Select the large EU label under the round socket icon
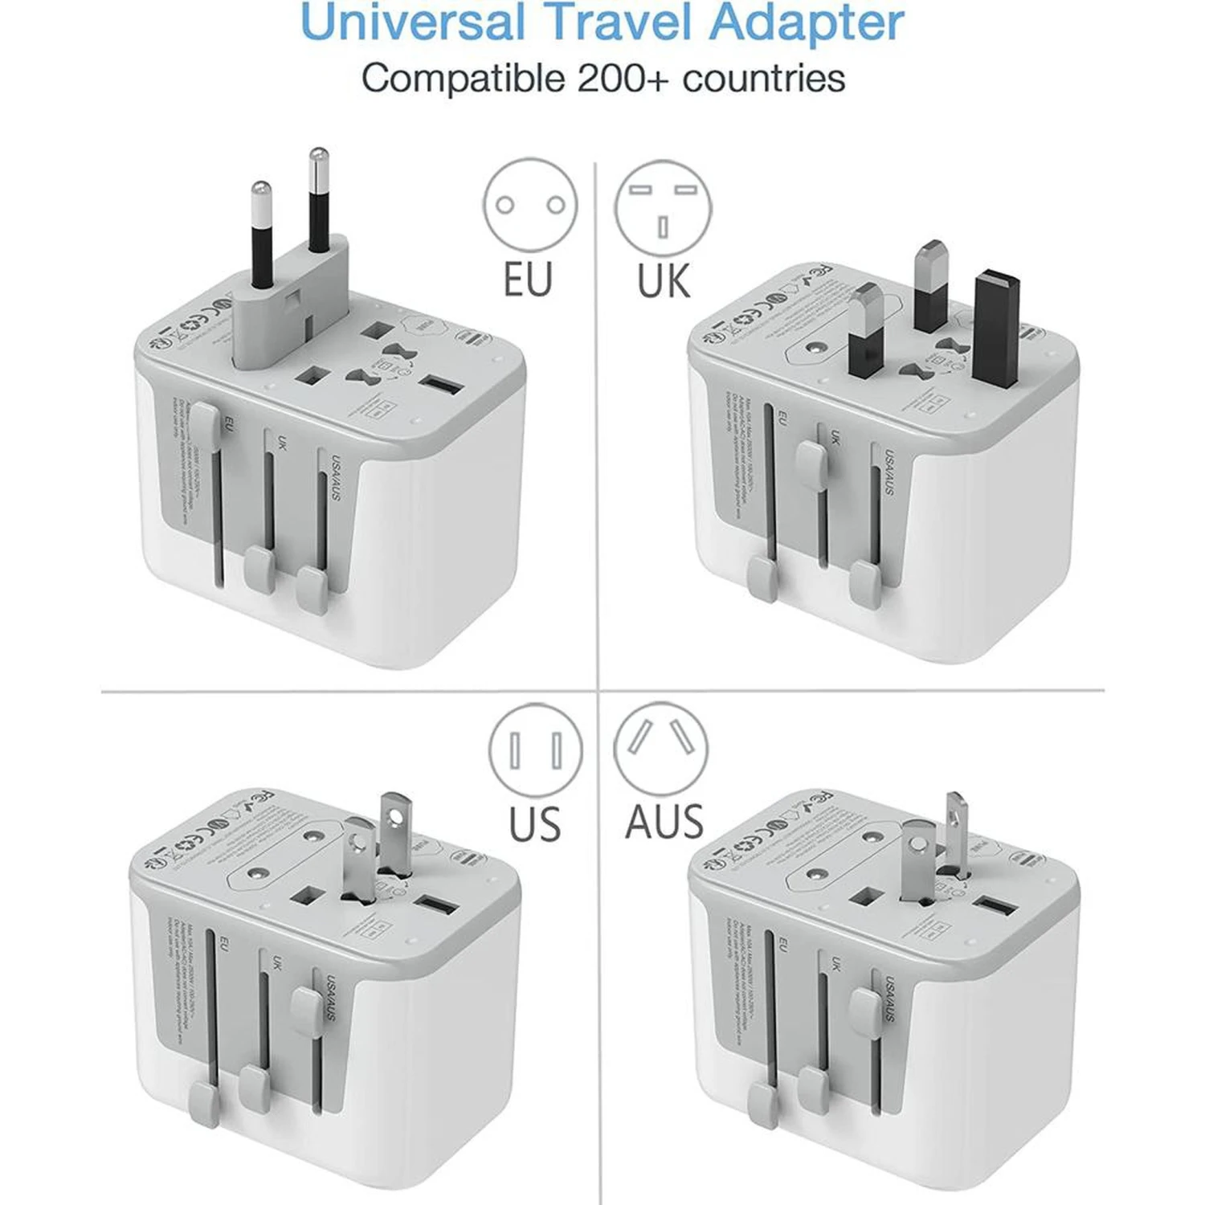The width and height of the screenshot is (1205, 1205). click(528, 280)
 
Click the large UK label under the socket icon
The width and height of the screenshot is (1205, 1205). click(664, 281)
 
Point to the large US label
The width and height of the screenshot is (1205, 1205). click(534, 823)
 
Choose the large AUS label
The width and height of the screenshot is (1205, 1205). click(664, 822)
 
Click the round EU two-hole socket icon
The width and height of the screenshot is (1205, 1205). click(530, 206)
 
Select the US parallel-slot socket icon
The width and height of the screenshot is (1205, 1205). click(536, 751)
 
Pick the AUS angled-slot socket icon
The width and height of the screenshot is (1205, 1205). click(661, 749)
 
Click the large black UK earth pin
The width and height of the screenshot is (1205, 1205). click(995, 329)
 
